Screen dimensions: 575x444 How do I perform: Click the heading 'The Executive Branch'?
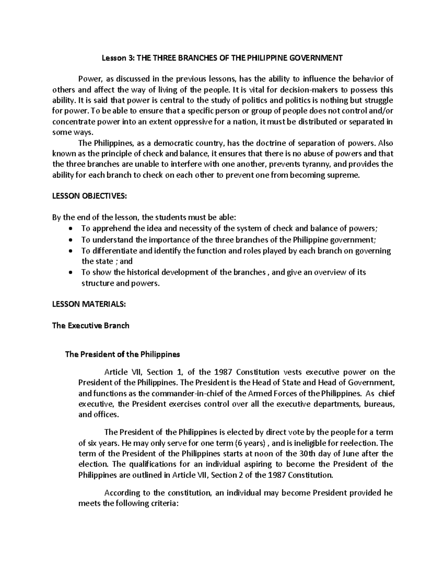(91, 326)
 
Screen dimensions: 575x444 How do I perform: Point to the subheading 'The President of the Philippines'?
(122, 354)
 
